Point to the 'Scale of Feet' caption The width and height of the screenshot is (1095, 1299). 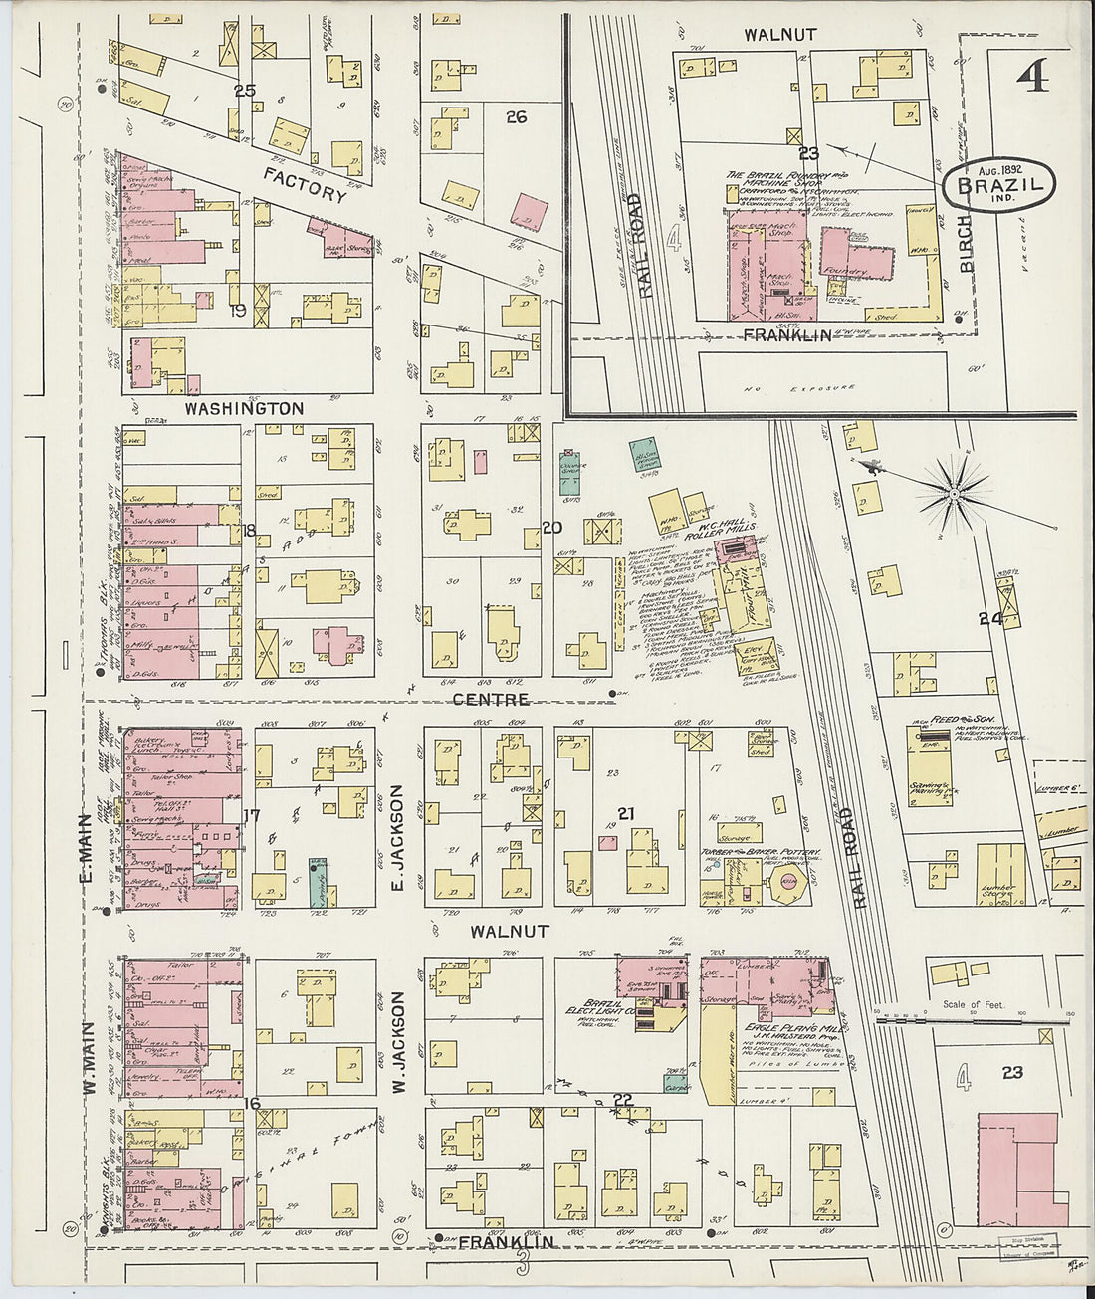point(974,1005)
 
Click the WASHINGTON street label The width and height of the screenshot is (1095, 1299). point(244,408)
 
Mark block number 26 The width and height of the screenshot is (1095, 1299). point(515,117)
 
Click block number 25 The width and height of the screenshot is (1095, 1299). point(244,91)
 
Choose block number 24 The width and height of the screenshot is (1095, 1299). point(988,618)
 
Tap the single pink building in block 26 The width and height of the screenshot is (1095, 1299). point(528,210)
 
